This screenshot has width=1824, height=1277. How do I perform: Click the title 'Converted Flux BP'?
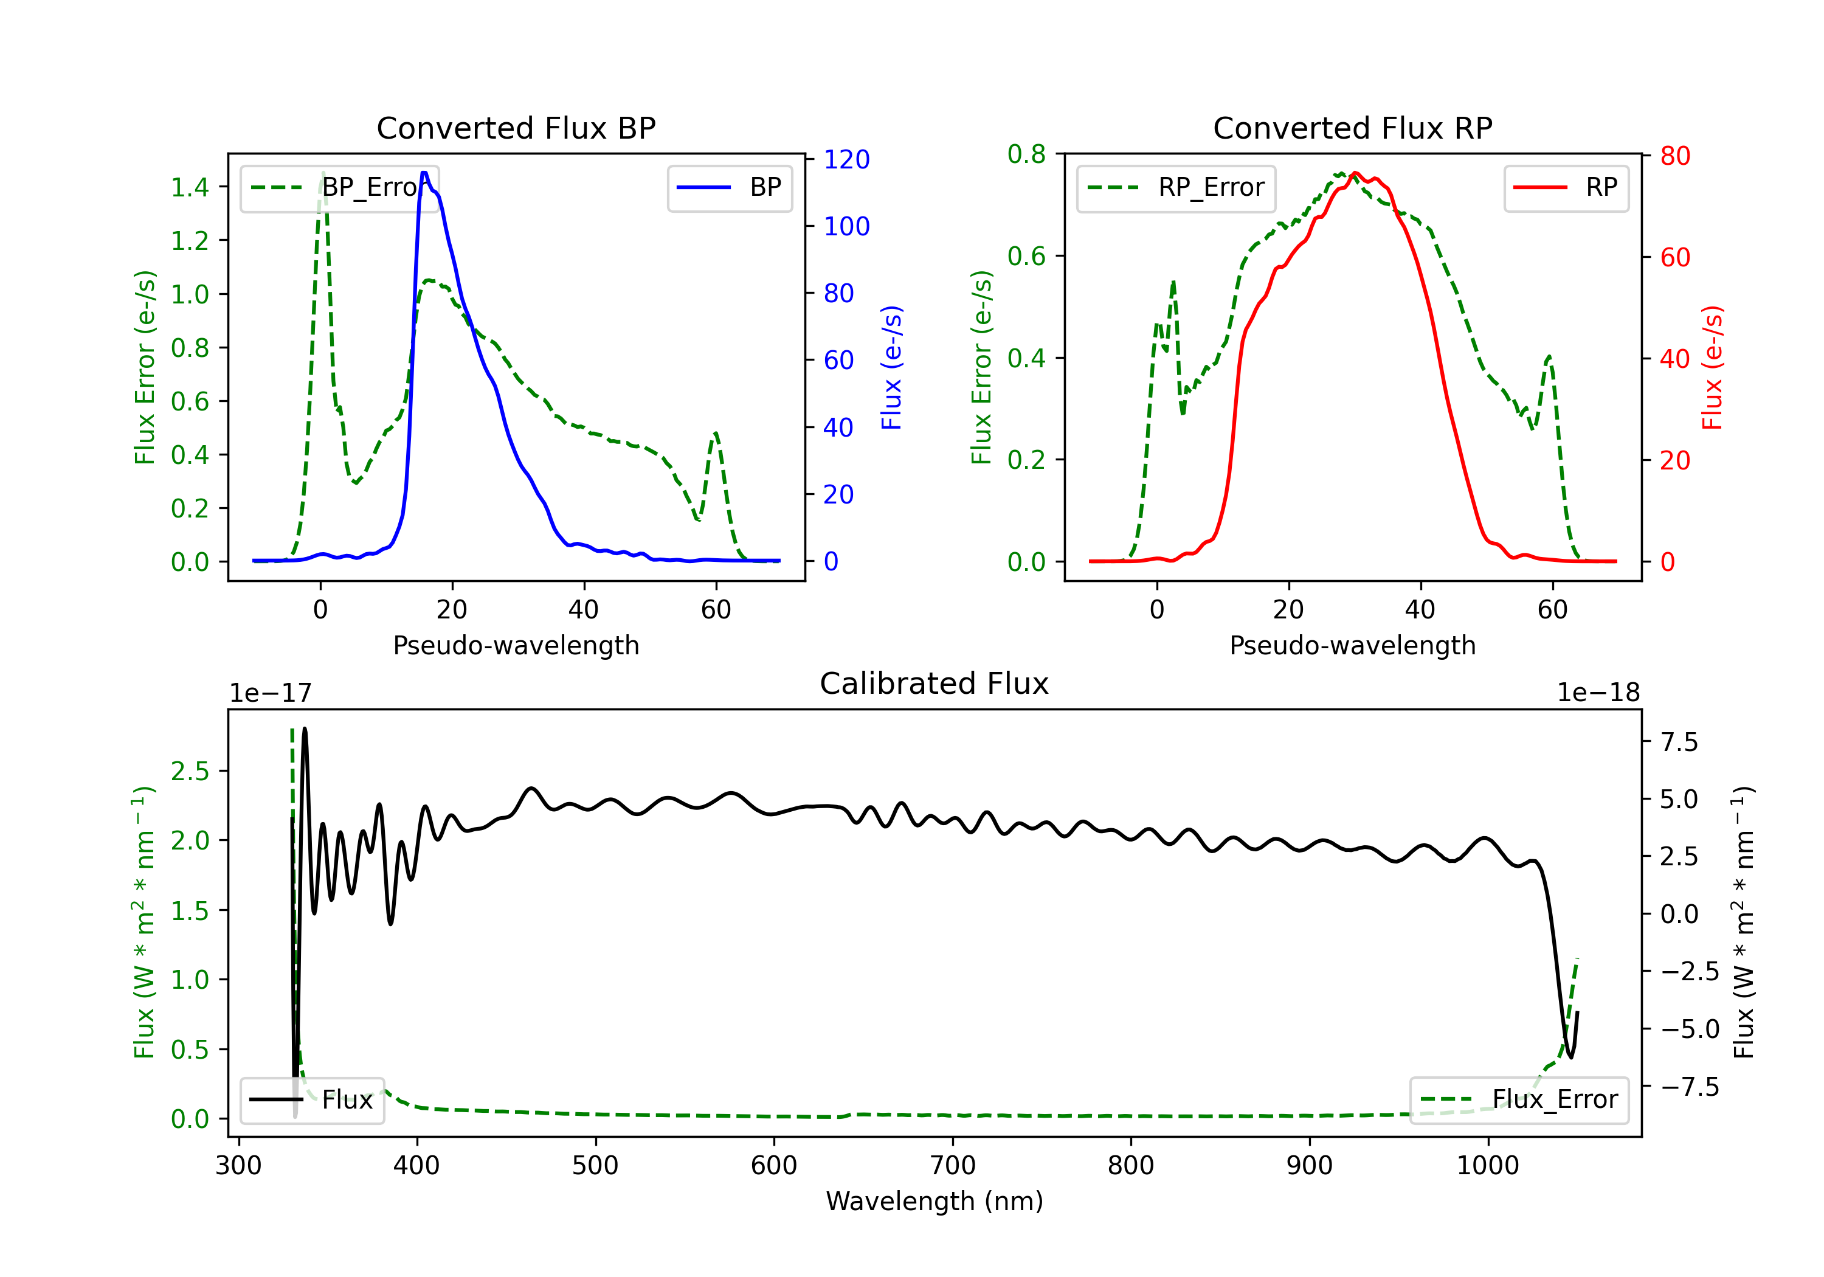[x=516, y=128]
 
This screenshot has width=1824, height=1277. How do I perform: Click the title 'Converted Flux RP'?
[x=1352, y=128]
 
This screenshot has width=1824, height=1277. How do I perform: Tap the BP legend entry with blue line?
[x=729, y=187]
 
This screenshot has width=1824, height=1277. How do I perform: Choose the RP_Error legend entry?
[x=1176, y=187]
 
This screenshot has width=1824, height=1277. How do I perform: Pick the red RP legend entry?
[x=1566, y=187]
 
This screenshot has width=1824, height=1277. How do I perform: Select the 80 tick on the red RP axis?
[x=1674, y=156]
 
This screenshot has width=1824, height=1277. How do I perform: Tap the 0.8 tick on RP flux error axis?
[x=1026, y=154]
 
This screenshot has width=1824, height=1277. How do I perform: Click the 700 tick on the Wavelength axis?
[x=953, y=1166]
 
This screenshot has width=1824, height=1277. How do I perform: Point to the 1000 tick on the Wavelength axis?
[x=1487, y=1166]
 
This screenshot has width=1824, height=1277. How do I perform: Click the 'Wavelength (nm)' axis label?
[x=934, y=1201]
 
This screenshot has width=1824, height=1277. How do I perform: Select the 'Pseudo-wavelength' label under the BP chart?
[x=516, y=645]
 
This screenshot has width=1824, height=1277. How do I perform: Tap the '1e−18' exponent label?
[x=1598, y=693]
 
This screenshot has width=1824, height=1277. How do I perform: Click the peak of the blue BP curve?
[x=424, y=173]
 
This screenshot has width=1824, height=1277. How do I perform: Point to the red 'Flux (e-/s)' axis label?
[x=1712, y=368]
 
